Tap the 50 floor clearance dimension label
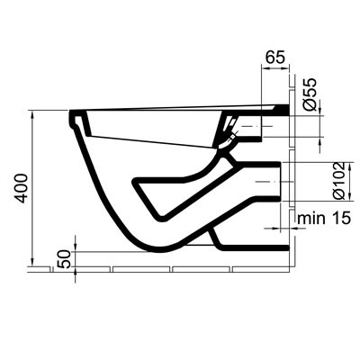click(64, 258)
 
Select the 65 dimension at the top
click(277, 58)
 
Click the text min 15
click(326, 217)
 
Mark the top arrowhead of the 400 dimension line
click(33, 112)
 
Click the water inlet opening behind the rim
click(230, 135)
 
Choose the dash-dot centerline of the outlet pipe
click(270, 183)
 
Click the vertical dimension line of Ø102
click(322, 183)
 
